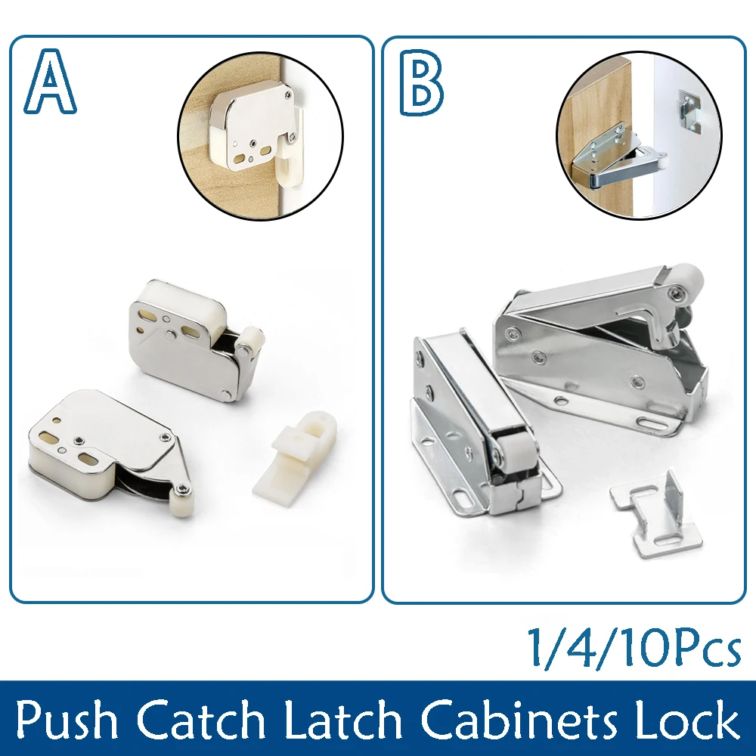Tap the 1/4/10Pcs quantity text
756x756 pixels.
tap(634, 647)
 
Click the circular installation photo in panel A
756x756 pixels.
tap(260, 136)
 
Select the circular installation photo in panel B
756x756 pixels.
tap(639, 136)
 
